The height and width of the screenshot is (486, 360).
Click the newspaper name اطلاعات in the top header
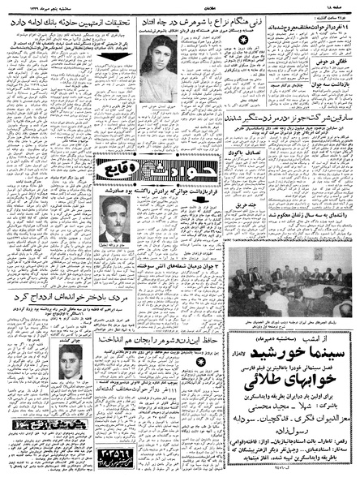[181, 6]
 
